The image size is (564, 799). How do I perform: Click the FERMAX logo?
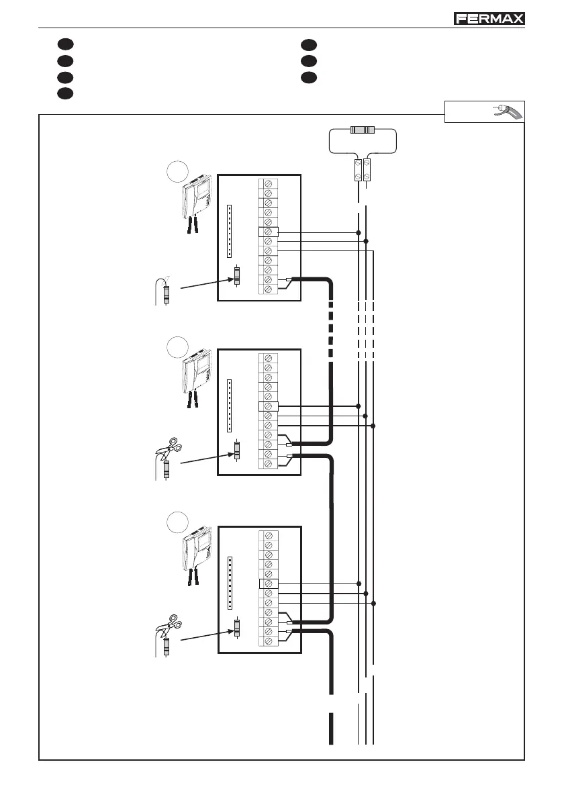489,19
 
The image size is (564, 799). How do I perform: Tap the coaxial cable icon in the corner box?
508,112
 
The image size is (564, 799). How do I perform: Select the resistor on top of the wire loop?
363,132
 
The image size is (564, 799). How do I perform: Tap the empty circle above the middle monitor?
176,347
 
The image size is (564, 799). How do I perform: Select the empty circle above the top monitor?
176,171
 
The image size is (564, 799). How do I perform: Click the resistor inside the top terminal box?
236,276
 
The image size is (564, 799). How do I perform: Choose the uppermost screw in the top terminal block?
269,183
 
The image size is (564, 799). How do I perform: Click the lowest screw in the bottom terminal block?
269,642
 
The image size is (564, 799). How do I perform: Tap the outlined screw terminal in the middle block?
269,406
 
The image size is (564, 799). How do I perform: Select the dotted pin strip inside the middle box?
230,406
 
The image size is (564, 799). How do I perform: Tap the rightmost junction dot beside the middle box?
373,426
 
